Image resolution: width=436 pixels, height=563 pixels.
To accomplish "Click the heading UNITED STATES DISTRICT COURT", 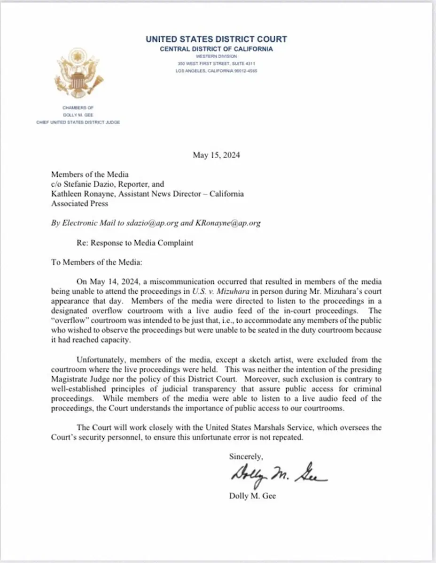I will pos(216,39).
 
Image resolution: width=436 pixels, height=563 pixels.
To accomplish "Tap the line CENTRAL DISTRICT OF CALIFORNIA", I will pos(216,49).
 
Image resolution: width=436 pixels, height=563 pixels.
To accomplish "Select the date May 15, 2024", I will pos(216,156).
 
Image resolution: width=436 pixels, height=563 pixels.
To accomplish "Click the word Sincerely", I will pos(246,456).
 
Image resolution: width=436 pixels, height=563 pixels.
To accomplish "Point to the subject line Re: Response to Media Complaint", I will pos(135,243).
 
